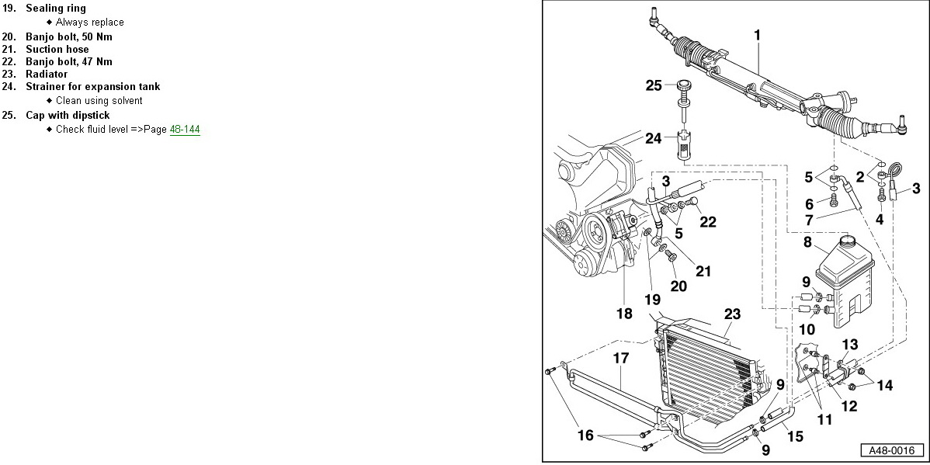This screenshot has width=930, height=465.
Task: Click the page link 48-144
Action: [x=185, y=130]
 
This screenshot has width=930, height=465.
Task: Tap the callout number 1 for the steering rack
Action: [x=757, y=35]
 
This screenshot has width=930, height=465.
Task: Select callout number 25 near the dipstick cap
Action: [x=654, y=85]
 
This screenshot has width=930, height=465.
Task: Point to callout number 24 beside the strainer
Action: [x=654, y=139]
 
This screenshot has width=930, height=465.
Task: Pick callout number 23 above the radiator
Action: [x=732, y=314]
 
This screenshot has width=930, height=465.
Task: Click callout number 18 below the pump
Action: [x=624, y=314]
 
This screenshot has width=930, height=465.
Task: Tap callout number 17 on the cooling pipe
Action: [x=619, y=359]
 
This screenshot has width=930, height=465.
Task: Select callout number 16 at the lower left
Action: [x=585, y=435]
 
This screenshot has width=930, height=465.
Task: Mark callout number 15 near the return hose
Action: [x=795, y=436]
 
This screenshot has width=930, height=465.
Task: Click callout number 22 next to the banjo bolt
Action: [x=707, y=221]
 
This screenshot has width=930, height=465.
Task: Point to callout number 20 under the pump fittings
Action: [x=678, y=286]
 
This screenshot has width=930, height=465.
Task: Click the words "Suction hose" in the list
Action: [x=57, y=49]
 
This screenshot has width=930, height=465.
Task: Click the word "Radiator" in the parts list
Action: [x=47, y=74]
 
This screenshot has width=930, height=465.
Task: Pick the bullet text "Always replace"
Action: [x=89, y=23]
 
